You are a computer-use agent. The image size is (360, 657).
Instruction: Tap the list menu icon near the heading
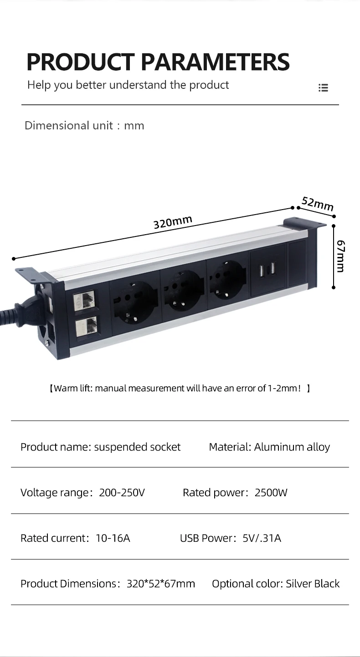(x=323, y=87)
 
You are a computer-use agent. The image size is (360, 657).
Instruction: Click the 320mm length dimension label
(x=173, y=222)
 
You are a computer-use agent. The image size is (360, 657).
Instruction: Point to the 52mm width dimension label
(x=318, y=204)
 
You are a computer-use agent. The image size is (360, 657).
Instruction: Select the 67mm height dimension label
(x=340, y=256)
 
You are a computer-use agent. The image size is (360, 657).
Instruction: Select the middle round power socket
(x=181, y=290)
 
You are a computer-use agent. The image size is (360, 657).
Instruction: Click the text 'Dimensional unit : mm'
(x=84, y=126)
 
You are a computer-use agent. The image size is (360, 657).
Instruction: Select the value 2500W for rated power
(x=271, y=493)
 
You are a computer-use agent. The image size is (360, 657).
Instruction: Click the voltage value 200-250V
(x=122, y=493)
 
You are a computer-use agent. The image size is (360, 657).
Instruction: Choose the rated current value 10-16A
(x=113, y=538)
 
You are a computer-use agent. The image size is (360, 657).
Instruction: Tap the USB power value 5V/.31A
(x=262, y=538)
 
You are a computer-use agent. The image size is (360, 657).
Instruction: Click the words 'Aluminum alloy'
(x=292, y=447)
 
